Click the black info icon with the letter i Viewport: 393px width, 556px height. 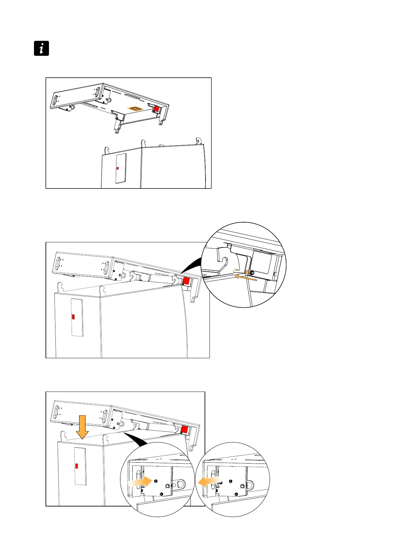tap(42, 48)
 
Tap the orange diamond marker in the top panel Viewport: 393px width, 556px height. tap(136, 108)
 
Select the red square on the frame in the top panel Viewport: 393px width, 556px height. tap(156, 109)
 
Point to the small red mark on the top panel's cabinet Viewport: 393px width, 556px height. tap(117, 168)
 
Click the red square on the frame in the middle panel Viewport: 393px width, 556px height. tap(186, 281)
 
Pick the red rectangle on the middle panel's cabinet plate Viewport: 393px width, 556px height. tap(74, 317)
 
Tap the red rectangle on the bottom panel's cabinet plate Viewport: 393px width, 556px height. tap(77, 466)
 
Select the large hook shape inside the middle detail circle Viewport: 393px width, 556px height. tap(224, 261)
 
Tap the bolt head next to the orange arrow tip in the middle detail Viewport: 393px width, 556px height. tap(252, 273)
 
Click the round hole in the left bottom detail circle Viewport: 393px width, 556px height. tap(180, 484)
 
